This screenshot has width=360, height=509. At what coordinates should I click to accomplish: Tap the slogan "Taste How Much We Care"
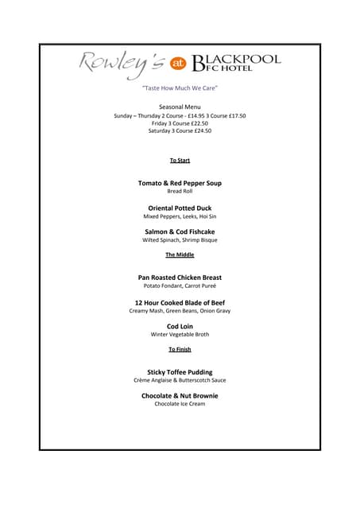(x=180, y=87)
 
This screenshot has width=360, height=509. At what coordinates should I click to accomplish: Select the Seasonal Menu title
(x=180, y=107)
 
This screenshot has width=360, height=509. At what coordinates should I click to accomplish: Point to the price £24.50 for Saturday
(x=202, y=130)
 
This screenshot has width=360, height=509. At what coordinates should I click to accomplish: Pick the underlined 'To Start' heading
(x=180, y=161)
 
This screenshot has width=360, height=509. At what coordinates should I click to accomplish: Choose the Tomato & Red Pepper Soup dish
(x=180, y=183)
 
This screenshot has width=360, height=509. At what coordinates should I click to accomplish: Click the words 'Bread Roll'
(x=180, y=192)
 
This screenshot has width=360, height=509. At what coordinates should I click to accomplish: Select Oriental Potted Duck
(x=180, y=208)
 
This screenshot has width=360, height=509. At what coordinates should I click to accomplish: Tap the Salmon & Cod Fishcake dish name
(x=180, y=231)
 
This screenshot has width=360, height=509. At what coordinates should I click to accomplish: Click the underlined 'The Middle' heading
(x=180, y=254)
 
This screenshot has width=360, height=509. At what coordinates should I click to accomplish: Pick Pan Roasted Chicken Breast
(x=180, y=278)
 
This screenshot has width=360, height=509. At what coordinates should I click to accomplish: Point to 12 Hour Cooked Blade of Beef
(x=180, y=302)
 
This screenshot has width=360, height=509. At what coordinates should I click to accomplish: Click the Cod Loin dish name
(x=180, y=326)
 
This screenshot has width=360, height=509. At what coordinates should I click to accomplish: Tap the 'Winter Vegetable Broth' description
(x=180, y=335)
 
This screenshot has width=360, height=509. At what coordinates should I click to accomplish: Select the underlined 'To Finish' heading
(x=180, y=349)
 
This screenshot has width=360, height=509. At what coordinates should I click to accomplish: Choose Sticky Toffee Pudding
(x=180, y=371)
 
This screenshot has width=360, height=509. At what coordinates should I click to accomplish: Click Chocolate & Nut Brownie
(x=180, y=395)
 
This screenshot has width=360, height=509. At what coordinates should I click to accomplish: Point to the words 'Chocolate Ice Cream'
(x=180, y=404)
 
